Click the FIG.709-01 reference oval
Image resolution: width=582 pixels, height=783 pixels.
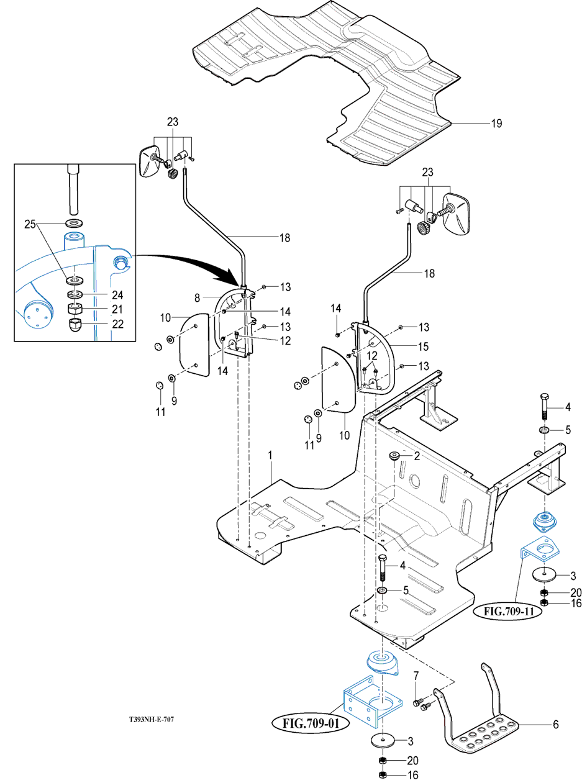(x=311, y=723)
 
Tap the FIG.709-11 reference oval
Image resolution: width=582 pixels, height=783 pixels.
(x=509, y=611)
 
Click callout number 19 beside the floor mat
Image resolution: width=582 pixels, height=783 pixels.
(x=496, y=123)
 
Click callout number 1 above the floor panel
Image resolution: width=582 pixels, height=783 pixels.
(x=270, y=455)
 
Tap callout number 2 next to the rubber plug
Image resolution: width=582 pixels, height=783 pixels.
(x=417, y=456)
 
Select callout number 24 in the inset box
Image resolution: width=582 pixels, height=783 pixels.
(x=117, y=295)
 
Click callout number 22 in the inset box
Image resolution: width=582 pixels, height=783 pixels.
(x=117, y=324)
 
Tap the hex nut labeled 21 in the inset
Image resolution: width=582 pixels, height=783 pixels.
(x=75, y=309)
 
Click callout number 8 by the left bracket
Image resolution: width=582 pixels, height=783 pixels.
(x=197, y=298)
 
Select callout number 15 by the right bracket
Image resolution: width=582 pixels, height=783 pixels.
(x=423, y=346)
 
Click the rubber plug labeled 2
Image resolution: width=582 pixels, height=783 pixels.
(x=394, y=456)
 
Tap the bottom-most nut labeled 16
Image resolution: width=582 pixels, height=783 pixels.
(x=382, y=775)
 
